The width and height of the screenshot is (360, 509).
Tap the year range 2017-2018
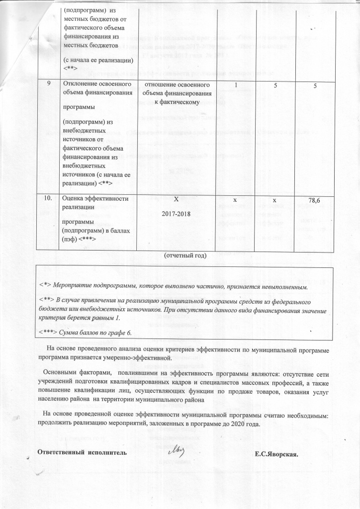click(176, 217)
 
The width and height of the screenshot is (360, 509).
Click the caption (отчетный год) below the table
click(185, 254)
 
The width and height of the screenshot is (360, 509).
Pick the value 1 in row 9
click(237, 85)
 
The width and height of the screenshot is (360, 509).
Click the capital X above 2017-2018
click(176, 199)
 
